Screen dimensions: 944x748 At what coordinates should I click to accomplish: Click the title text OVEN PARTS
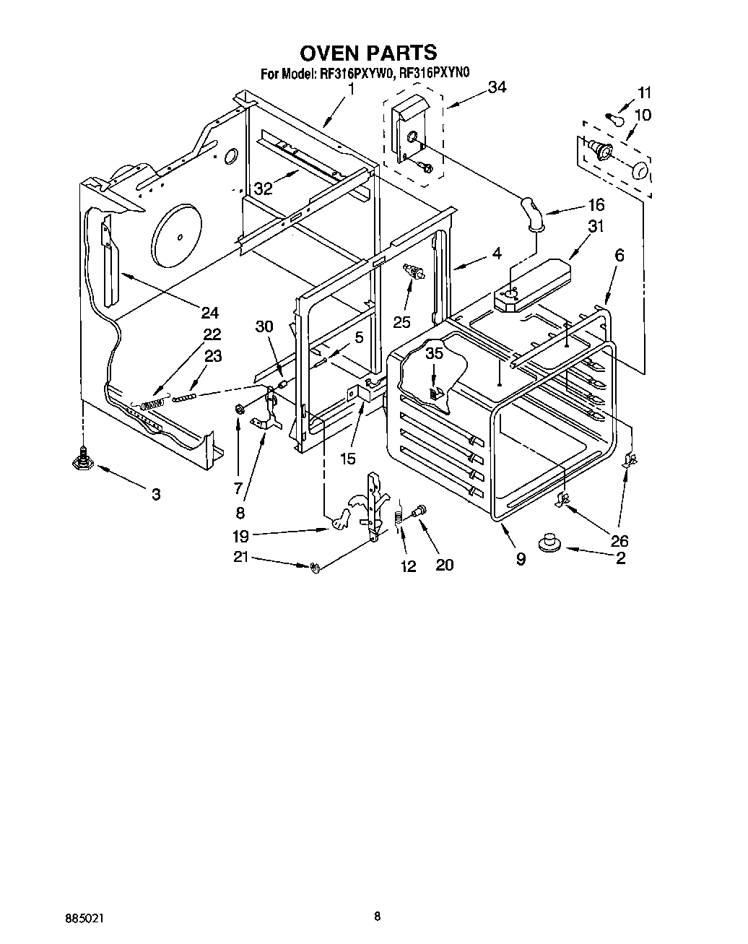coord(368,53)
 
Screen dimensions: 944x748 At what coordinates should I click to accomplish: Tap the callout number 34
coord(497,87)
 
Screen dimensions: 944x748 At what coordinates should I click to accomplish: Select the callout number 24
coord(209,313)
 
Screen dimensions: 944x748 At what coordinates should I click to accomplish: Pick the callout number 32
coord(263,189)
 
